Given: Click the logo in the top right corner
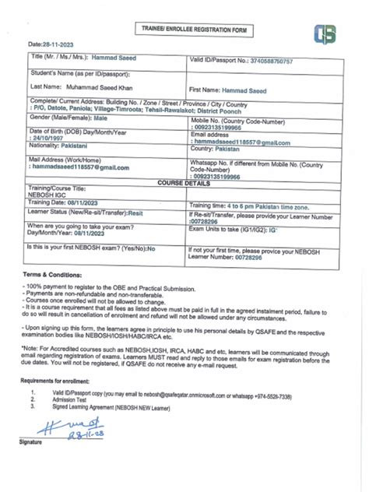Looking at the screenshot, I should pos(325,35).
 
